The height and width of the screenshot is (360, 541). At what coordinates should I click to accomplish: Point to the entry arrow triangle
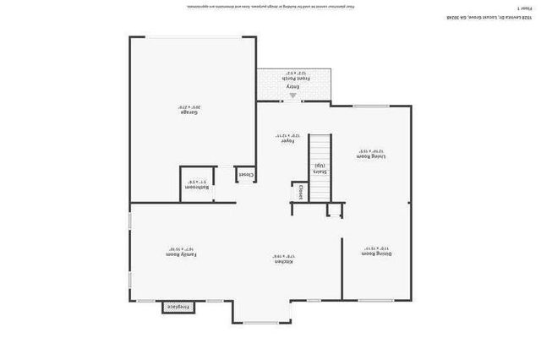[293, 96]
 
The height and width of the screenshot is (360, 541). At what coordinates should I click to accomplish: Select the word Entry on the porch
[292, 86]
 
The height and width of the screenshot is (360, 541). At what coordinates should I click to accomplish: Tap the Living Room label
[369, 155]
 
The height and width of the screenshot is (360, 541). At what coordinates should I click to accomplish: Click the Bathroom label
[197, 187]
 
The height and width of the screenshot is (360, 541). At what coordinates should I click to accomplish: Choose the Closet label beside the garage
[245, 175]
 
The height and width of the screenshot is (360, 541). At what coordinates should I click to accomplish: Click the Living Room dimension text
[369, 150]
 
